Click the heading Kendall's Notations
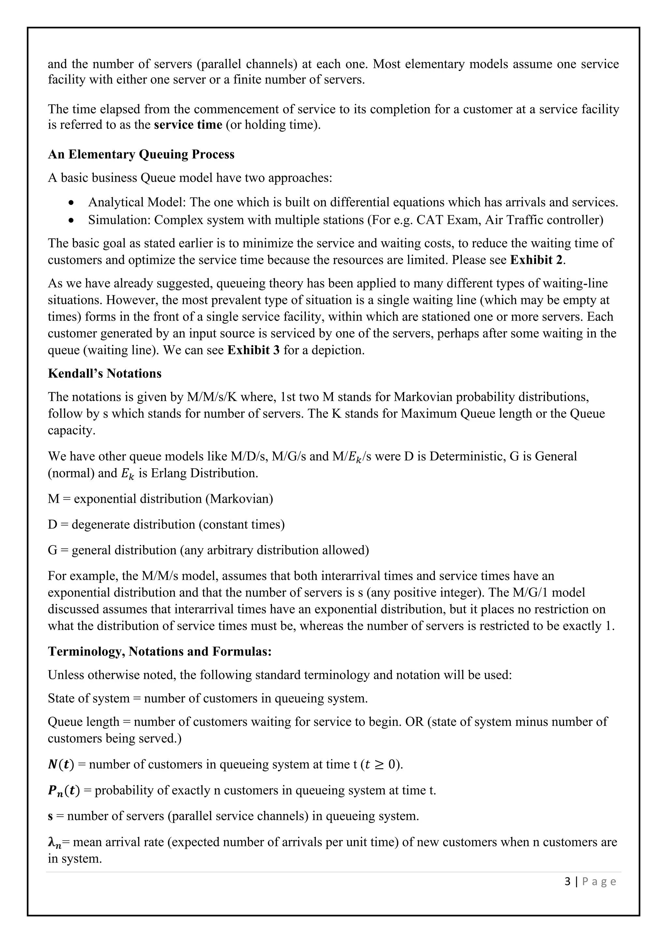tap(105, 373)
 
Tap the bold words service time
tap(188, 124)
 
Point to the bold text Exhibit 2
tap(537, 260)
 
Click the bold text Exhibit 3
tap(253, 350)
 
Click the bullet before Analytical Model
tap(72, 203)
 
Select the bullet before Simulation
tap(72, 220)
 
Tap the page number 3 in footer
tap(568, 881)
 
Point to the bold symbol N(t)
tap(61, 765)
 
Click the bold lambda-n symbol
tap(55, 843)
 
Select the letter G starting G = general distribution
tap(52, 550)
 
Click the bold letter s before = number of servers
tap(50, 817)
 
